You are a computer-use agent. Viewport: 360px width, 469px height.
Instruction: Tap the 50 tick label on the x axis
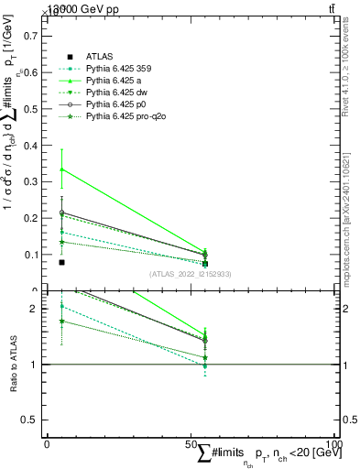(191, 444)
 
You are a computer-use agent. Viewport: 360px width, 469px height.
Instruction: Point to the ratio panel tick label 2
(34, 309)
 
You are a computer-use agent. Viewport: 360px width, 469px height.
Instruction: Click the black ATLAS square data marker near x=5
(61, 263)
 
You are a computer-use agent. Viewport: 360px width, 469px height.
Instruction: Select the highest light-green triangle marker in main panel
(61, 169)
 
